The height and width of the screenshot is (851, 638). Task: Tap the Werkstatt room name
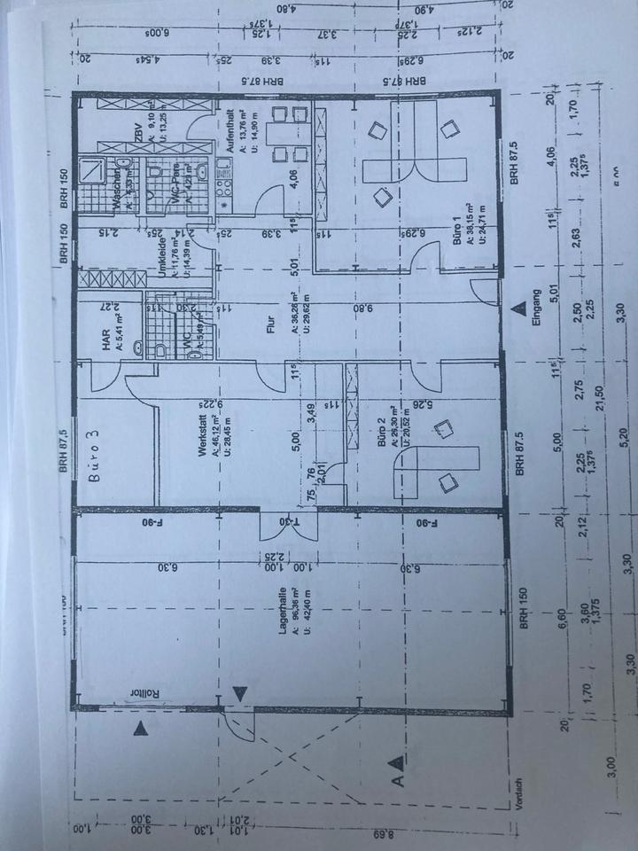point(203,439)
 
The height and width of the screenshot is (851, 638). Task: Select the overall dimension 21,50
point(597,391)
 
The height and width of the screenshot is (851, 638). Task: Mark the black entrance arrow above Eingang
point(517,308)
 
